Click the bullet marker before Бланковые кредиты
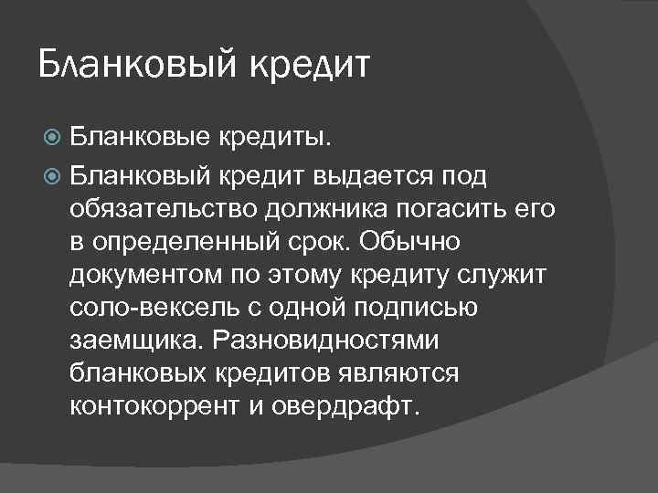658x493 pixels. (x=52, y=139)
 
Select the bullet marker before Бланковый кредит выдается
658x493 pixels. (x=52, y=174)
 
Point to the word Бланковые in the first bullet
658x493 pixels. (x=138, y=139)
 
